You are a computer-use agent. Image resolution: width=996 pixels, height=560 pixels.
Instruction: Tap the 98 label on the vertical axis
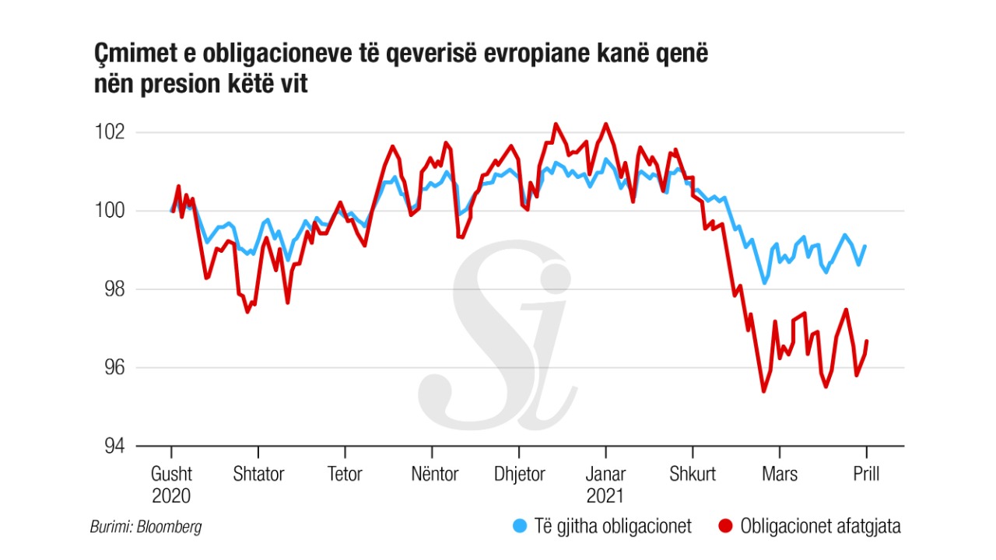(114, 289)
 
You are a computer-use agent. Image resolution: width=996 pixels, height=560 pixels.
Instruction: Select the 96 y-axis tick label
(114, 368)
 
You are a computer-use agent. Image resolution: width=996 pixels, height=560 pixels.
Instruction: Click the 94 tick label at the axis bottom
(114, 446)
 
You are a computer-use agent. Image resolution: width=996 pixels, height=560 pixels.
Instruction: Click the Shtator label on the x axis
(258, 474)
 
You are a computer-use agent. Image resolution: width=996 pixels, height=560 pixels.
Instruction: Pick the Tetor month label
(345, 474)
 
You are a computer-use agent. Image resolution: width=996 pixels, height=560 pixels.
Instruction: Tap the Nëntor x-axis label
(434, 474)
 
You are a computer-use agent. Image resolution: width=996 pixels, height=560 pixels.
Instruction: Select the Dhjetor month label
(520, 474)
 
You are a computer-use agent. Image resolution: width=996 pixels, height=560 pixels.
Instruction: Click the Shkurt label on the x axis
(693, 474)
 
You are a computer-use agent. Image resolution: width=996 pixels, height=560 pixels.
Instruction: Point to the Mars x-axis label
(779, 474)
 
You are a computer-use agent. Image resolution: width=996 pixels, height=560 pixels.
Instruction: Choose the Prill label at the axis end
(866, 474)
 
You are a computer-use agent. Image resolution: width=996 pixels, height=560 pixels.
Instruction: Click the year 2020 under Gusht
(171, 496)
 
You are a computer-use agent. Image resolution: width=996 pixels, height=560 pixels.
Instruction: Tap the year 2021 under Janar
(605, 496)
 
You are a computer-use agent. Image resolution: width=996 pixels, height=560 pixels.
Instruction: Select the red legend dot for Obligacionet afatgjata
(727, 527)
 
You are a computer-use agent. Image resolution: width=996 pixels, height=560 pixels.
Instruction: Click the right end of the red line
(867, 341)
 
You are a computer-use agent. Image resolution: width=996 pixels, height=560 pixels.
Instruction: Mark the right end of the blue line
(865, 246)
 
